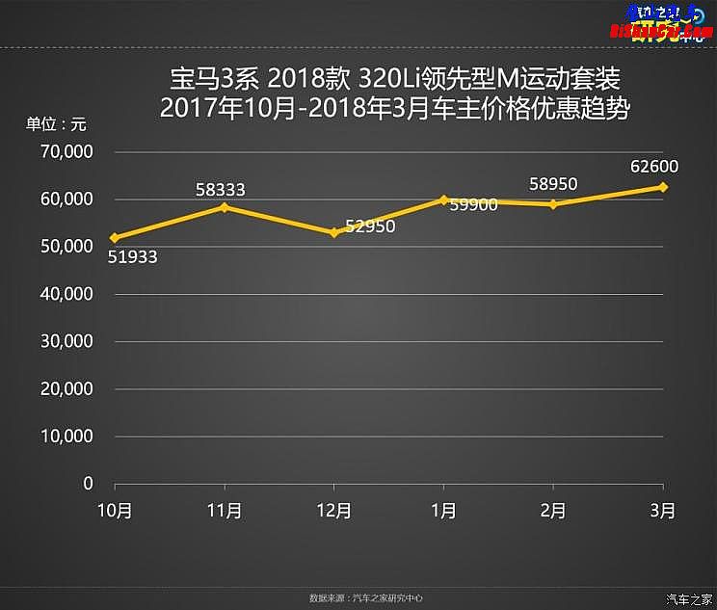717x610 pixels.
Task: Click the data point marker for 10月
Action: tap(115, 237)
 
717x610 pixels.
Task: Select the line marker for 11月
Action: tap(225, 207)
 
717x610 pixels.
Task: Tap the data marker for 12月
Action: tap(334, 232)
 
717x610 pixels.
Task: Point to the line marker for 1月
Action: tap(443, 199)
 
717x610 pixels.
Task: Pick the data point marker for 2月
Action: tap(553, 204)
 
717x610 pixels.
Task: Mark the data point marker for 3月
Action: tap(663, 187)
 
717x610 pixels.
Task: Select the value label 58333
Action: tap(221, 190)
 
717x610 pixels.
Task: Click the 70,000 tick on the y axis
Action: tap(67, 152)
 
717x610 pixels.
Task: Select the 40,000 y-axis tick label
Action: tap(67, 294)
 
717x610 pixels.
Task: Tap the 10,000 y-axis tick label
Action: tap(67, 436)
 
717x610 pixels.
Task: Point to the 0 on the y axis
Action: tap(88, 483)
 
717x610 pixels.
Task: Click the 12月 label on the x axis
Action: tap(334, 511)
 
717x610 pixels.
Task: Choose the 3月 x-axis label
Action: tap(663, 511)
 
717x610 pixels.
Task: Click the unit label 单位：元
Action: tap(55, 124)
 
